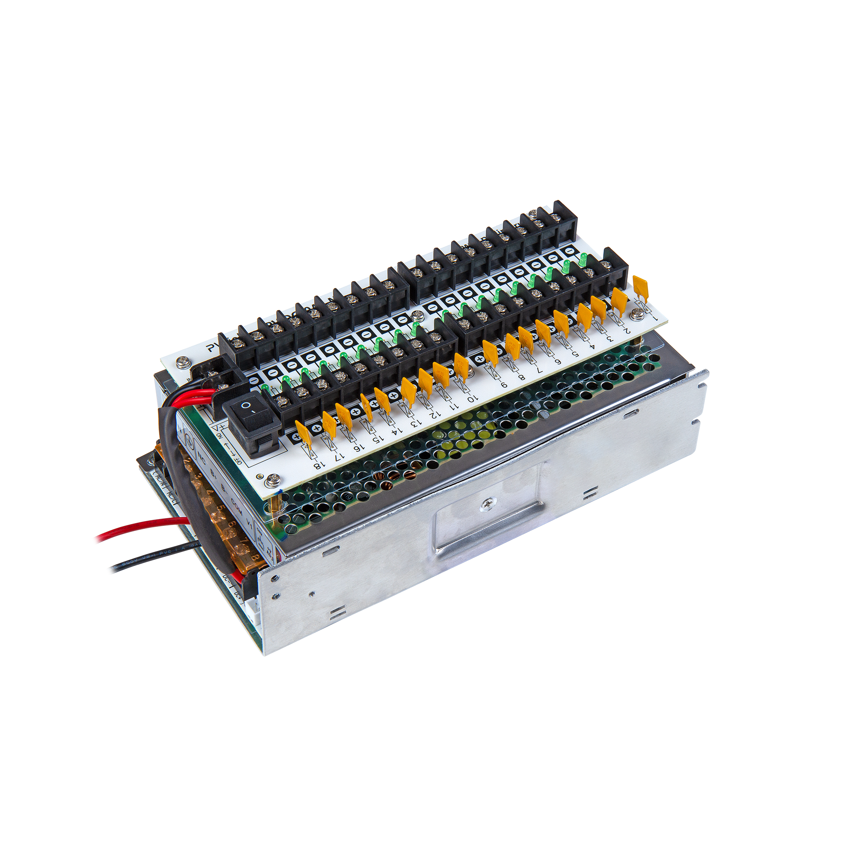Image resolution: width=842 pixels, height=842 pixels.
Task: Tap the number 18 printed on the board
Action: click(x=319, y=465)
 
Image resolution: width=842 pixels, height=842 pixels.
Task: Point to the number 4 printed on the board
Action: click(x=592, y=346)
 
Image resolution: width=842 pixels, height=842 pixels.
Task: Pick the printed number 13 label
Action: click(x=416, y=422)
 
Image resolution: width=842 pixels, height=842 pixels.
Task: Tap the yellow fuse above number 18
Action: click(x=304, y=433)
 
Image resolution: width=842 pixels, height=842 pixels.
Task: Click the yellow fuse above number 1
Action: click(x=640, y=287)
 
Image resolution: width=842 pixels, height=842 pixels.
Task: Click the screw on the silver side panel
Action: click(x=486, y=505)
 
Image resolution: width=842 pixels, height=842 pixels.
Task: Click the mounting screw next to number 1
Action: click(x=637, y=312)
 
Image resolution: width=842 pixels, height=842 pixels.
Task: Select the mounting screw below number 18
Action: click(x=274, y=480)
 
